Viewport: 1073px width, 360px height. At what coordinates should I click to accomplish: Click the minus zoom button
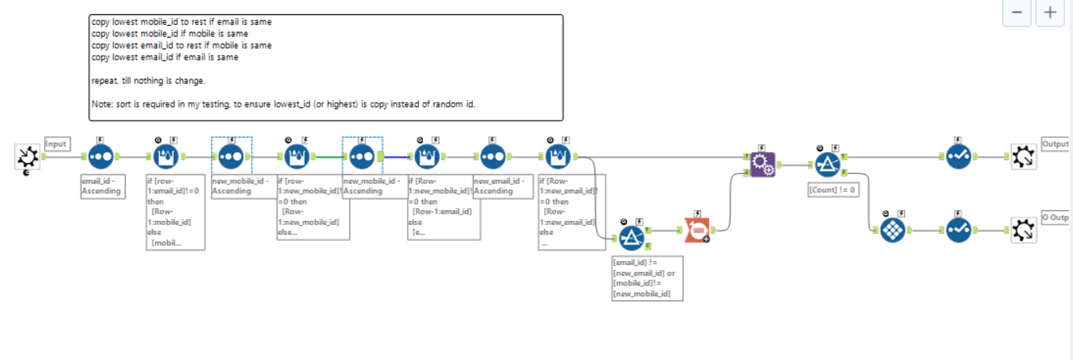[x=1017, y=13]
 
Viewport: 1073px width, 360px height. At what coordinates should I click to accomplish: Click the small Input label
[x=56, y=144]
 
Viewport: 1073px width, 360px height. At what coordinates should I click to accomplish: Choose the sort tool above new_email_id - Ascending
[x=492, y=157]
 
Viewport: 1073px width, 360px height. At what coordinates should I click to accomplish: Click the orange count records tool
[x=696, y=231]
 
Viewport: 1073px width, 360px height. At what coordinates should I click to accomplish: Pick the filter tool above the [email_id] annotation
[x=631, y=238]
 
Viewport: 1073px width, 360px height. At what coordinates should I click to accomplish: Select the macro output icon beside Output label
[x=1023, y=157]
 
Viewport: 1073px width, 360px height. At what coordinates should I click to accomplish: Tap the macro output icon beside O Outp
[x=1023, y=231]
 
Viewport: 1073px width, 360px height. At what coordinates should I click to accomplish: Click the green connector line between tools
[x=328, y=156]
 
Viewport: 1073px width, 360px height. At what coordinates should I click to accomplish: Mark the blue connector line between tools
[x=397, y=156]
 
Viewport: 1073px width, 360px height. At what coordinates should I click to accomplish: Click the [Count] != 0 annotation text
[x=831, y=190]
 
